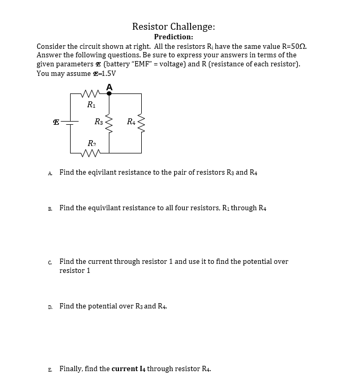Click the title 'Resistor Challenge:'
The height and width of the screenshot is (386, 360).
click(173, 27)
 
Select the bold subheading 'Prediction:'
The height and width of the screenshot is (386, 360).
click(173, 37)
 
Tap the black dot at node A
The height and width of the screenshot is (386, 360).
click(109, 93)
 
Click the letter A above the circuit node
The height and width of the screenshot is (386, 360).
click(109, 87)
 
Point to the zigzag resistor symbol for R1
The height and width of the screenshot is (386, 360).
click(91, 94)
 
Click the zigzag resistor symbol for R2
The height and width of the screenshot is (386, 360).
click(91, 153)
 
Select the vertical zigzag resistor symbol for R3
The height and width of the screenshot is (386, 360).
click(109, 123)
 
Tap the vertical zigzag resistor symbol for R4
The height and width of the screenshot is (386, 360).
click(141, 123)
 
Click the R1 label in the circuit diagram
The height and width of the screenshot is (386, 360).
click(91, 105)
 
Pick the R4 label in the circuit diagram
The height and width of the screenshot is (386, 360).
click(131, 122)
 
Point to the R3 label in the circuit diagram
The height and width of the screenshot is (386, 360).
click(99, 122)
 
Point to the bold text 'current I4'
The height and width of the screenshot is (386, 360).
click(128, 368)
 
